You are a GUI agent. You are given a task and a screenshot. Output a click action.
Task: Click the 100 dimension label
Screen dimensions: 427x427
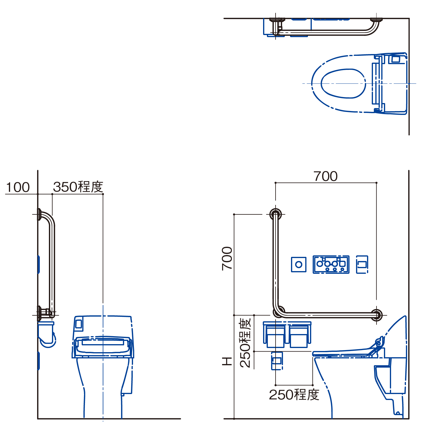18,187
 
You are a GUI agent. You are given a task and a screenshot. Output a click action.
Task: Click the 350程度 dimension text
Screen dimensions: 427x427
78,187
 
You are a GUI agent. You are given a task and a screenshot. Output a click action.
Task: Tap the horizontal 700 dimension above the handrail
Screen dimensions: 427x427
325,176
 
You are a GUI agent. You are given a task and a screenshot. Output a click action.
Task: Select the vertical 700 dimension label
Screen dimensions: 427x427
227,258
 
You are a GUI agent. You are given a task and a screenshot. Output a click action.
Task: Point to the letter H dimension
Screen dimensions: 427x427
227,361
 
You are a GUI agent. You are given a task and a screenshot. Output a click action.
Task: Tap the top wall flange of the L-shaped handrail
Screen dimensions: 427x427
276,214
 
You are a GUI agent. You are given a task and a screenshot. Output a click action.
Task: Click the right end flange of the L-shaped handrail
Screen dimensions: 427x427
377,315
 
